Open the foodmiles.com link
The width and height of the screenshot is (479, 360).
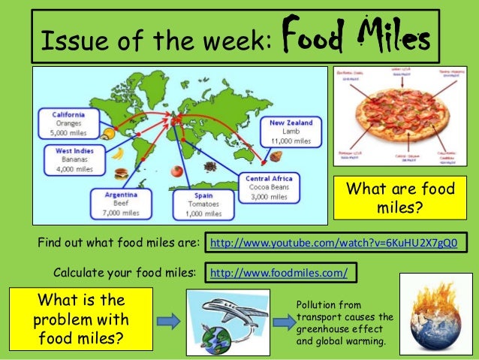[279, 272]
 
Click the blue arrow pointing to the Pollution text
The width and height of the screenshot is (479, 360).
[283, 320]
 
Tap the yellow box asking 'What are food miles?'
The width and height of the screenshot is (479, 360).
[399, 196]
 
